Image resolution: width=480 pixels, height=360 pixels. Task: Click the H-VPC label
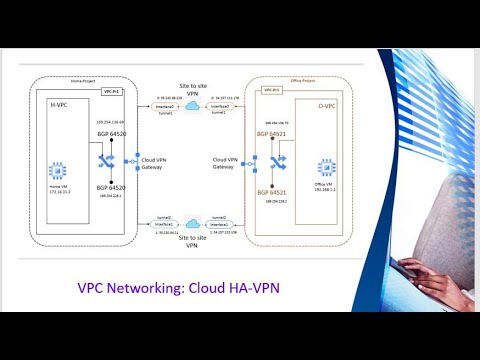(x=59, y=103)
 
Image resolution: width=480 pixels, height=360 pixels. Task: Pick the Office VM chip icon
(x=325, y=167)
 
